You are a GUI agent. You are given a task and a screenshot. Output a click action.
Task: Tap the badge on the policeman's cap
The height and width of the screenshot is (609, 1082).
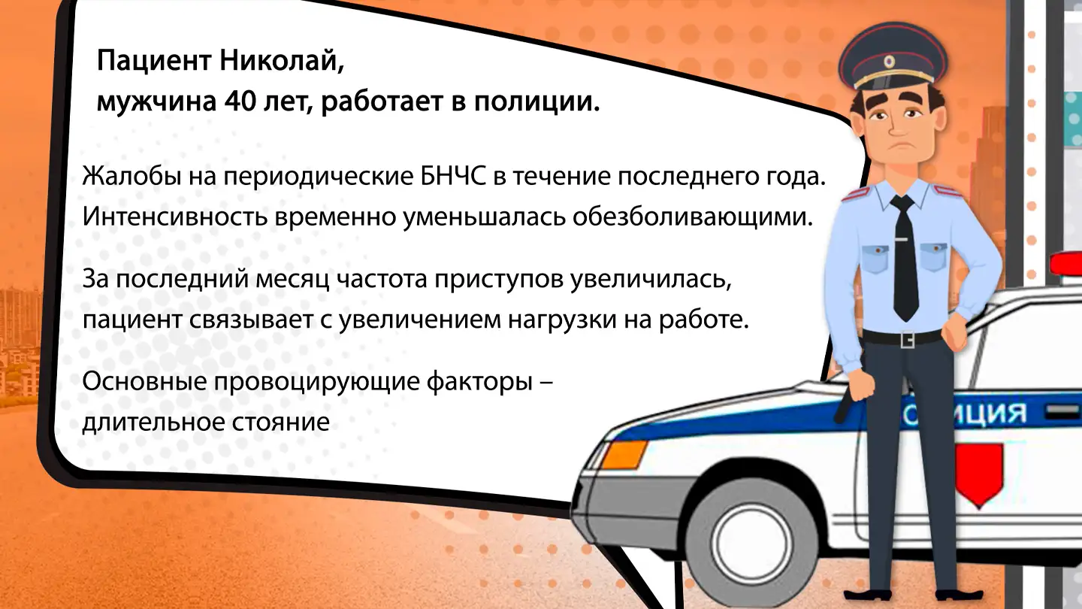pyautogui.click(x=890, y=60)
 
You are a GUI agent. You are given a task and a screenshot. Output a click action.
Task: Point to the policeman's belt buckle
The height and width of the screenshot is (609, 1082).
pyautogui.click(x=908, y=339)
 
